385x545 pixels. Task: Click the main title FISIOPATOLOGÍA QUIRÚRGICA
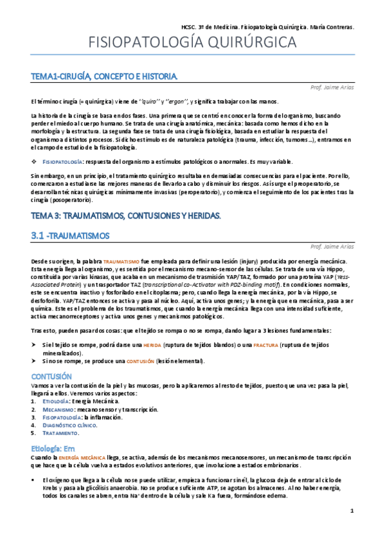pyautogui.click(x=192, y=43)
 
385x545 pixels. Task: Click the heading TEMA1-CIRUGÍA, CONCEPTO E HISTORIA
pyautogui.click(x=103, y=77)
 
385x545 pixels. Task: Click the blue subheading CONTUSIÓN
pyautogui.click(x=51, y=375)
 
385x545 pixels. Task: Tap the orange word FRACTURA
pyautogui.click(x=265, y=346)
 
